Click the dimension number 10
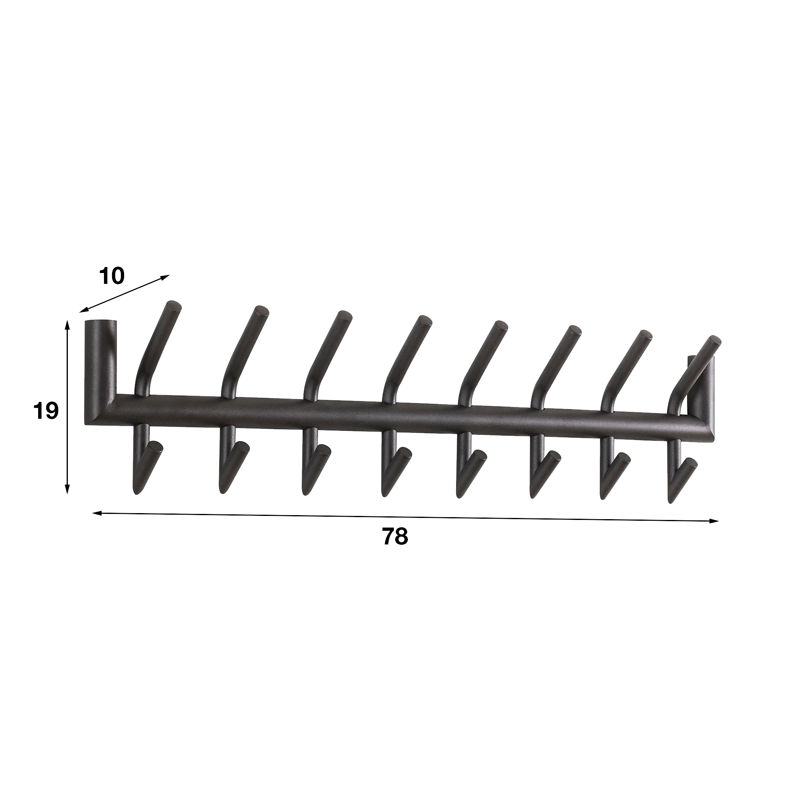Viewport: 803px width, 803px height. click(x=112, y=276)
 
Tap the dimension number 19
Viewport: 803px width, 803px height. click(x=46, y=411)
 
